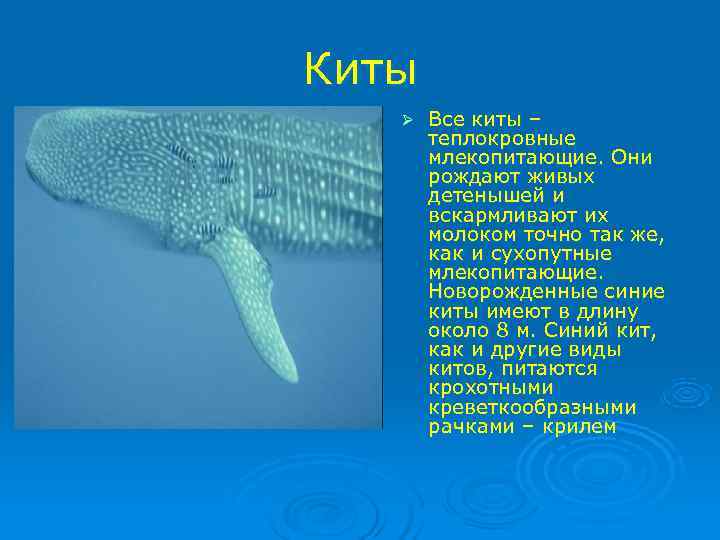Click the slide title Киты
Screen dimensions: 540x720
pos(359,69)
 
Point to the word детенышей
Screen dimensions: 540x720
pos(479,196)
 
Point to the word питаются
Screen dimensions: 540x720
pos(551,369)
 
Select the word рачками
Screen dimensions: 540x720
pos(464,427)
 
